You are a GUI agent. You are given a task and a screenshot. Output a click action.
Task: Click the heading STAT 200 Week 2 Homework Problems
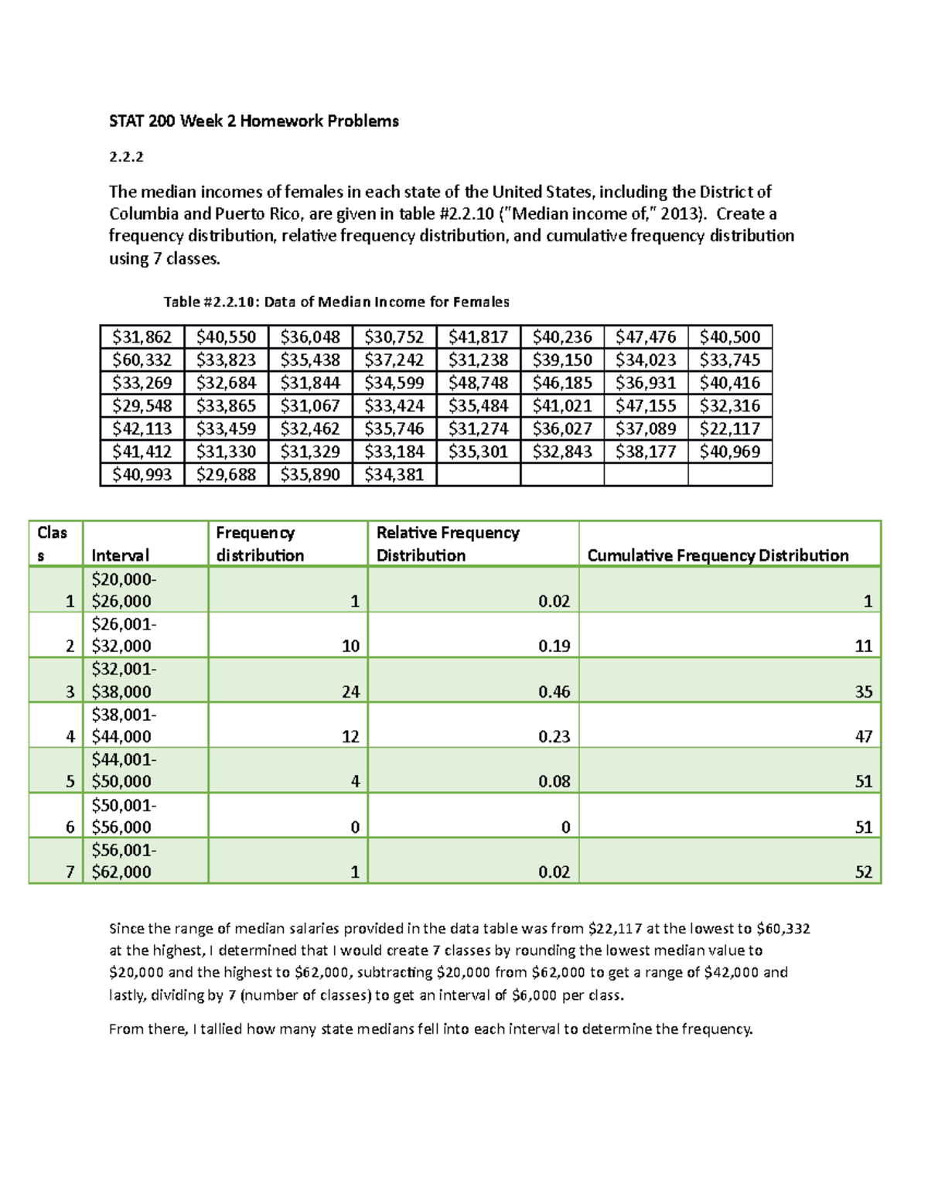click(254, 121)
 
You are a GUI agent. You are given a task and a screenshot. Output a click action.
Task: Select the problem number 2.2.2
click(126, 157)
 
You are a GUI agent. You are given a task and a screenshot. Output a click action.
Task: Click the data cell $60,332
click(142, 360)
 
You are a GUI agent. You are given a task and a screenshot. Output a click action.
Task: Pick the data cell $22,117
click(729, 428)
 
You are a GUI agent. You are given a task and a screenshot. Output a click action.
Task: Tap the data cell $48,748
click(478, 383)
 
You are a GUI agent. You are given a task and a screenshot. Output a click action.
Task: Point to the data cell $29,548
click(142, 405)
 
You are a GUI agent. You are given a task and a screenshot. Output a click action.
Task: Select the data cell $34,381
click(394, 474)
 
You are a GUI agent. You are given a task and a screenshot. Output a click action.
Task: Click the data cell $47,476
click(646, 336)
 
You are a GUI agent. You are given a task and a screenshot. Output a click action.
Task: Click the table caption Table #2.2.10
click(336, 302)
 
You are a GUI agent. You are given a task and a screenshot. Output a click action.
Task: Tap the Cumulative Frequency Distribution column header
click(718, 555)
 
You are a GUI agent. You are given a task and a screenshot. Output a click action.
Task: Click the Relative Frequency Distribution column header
click(448, 544)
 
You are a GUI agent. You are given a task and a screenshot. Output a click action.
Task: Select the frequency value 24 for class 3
click(350, 691)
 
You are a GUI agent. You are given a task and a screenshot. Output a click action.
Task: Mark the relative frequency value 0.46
click(554, 691)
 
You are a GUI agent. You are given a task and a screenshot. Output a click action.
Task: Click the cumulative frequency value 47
click(863, 736)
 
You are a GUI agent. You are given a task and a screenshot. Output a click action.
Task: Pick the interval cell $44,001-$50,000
click(123, 770)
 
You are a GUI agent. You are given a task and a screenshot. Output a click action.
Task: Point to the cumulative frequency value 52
click(863, 872)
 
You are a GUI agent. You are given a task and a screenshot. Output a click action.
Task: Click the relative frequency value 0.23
click(554, 736)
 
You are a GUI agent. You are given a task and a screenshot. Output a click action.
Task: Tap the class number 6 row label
click(70, 827)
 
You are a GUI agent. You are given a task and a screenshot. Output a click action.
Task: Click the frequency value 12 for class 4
click(350, 736)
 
